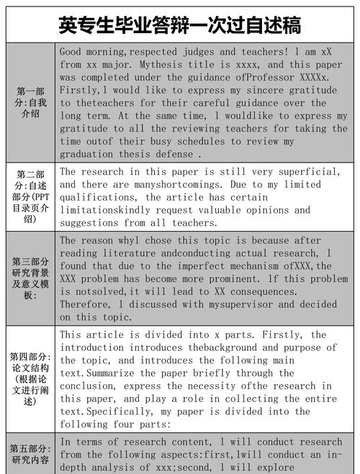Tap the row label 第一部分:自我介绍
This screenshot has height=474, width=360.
30,102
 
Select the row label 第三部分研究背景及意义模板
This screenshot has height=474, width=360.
30,278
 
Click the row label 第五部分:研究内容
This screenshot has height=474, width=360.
30,454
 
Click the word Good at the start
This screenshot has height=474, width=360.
71,53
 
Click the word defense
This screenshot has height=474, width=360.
174,155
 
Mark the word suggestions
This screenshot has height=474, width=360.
92,223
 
